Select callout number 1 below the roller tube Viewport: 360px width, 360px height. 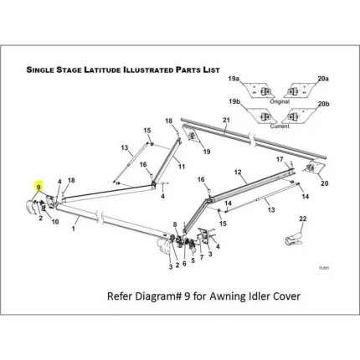(75, 227)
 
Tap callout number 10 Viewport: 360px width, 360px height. (55, 222)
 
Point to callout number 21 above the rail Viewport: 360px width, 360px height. (225, 121)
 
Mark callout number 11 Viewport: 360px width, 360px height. (181, 167)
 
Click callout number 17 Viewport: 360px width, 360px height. (280, 159)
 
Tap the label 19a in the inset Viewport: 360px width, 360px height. (234, 78)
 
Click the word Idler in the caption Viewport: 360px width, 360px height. (249, 295)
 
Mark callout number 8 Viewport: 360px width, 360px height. (175, 225)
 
